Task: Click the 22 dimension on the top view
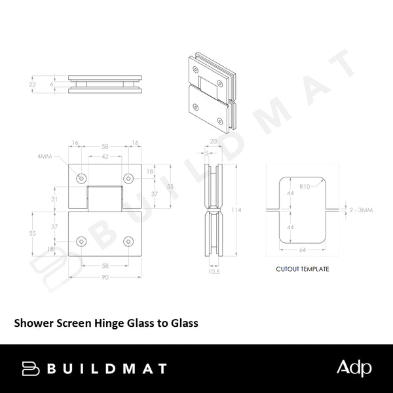pos(33,85)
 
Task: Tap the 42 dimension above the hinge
pos(105,158)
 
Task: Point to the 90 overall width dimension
pos(105,277)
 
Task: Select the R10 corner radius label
pos(304,187)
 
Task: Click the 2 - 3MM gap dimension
pos(362,210)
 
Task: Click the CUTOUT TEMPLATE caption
pos(302,269)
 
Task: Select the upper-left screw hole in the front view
pos(82,179)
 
